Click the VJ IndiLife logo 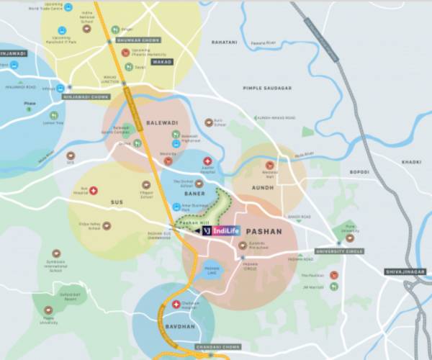220,231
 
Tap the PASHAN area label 264,231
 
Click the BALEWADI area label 161,122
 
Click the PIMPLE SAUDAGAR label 268,88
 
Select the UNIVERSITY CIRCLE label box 338,251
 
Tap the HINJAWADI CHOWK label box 85,96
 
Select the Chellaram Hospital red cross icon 177,304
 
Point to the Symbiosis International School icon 56,253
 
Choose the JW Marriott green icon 333,286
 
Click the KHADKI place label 411,162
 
